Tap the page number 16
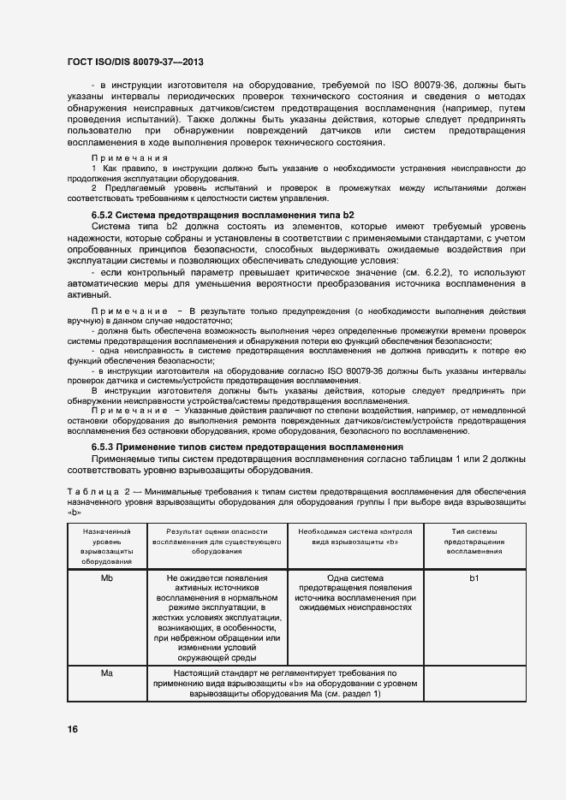coord(73,729)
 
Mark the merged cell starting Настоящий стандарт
coord(284,684)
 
